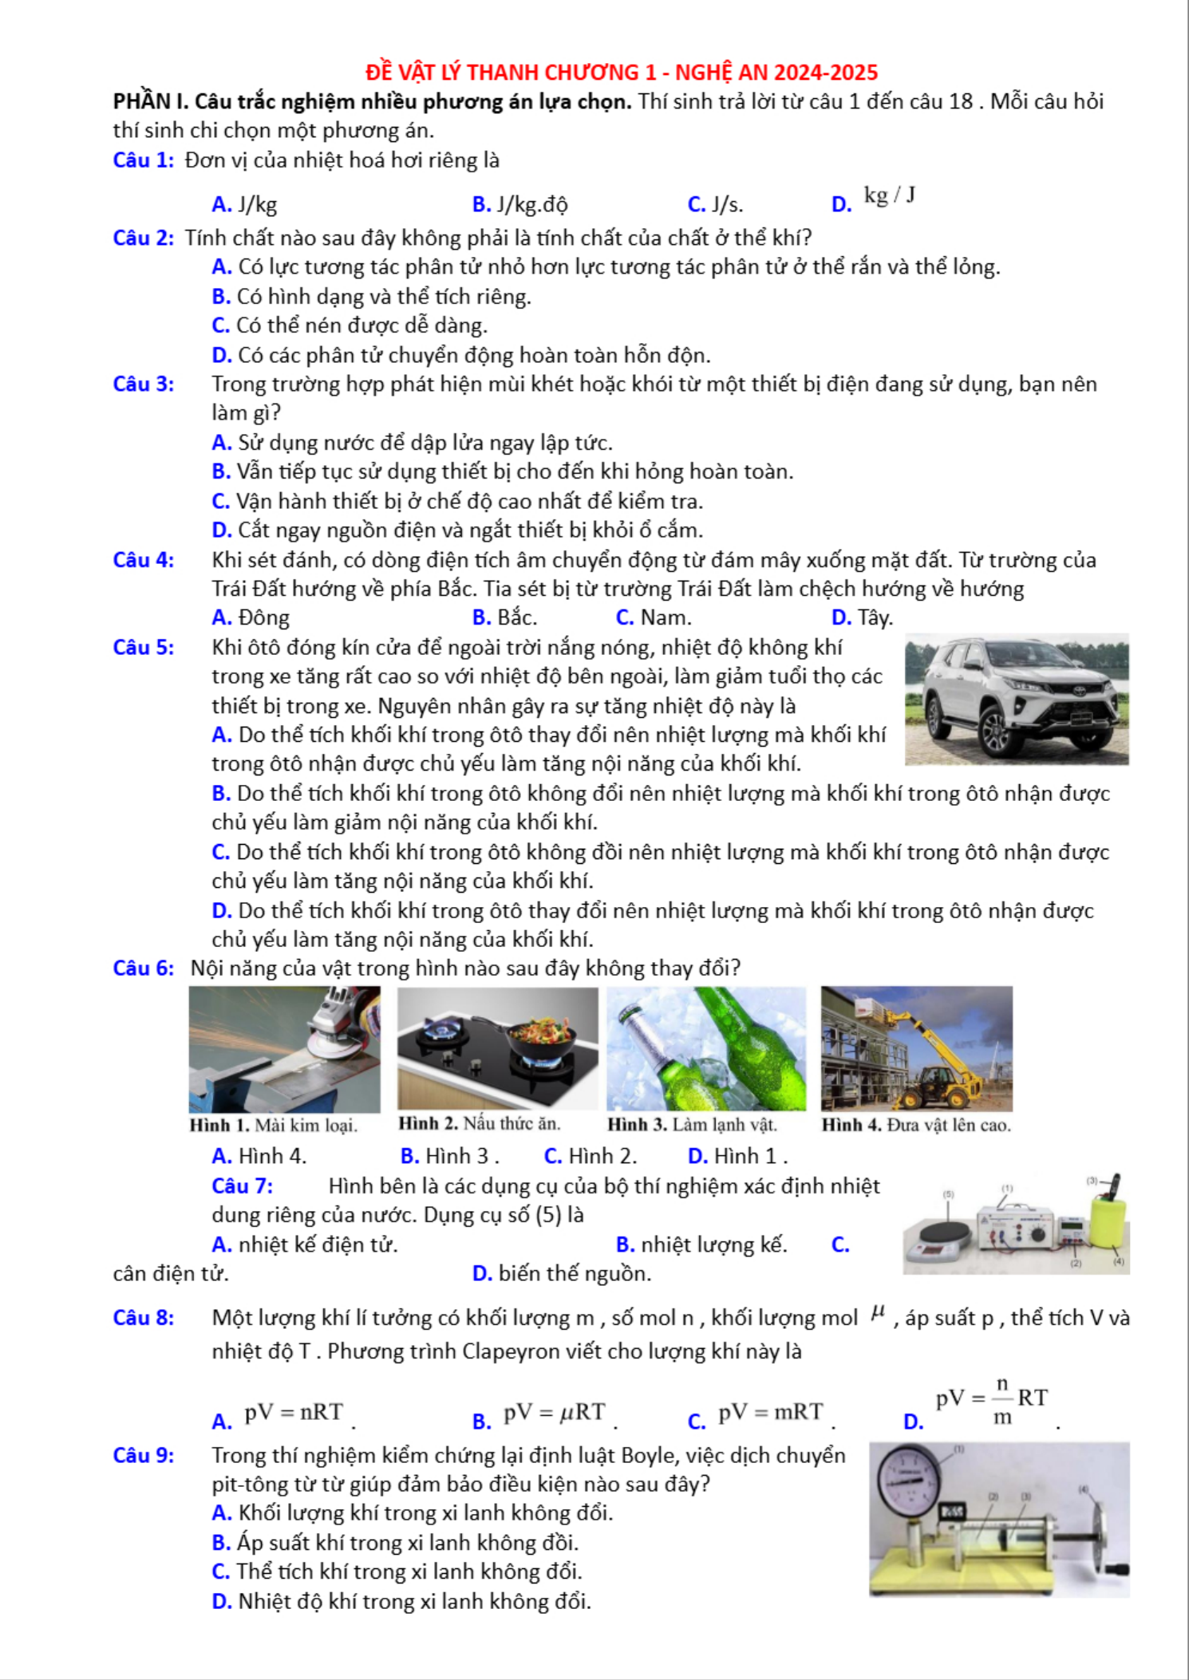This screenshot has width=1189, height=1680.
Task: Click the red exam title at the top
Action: point(622,73)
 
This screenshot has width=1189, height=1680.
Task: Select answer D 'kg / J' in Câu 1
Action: point(889,196)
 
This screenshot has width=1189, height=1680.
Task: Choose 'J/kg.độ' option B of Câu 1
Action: point(531,205)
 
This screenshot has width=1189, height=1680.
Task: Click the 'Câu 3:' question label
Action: point(144,385)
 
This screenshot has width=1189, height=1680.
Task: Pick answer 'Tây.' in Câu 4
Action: point(875,617)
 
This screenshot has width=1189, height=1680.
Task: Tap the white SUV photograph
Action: point(1016,700)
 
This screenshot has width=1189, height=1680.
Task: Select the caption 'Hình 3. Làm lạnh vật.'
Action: point(692,1125)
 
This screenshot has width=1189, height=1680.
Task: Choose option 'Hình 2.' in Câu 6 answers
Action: point(602,1156)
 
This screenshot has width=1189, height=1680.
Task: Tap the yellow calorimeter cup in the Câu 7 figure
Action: point(1108,1221)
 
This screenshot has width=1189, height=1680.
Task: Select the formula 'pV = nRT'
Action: point(294,1412)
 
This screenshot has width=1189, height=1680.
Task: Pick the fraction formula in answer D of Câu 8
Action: point(992,1401)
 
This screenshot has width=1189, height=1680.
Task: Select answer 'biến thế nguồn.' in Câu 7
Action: point(574,1274)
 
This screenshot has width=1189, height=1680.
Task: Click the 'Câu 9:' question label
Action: point(144,1456)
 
